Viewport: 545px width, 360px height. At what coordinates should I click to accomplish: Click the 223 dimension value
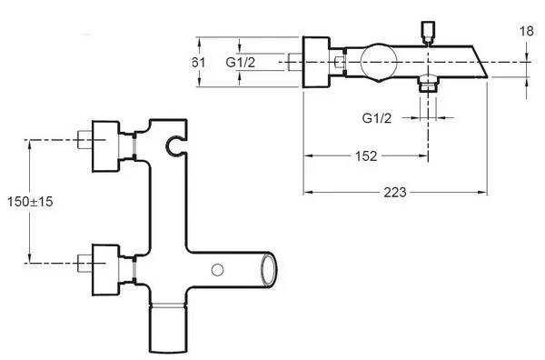click(x=395, y=192)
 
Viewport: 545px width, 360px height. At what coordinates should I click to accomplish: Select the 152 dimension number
click(x=366, y=155)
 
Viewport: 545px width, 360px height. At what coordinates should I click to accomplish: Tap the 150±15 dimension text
click(x=30, y=202)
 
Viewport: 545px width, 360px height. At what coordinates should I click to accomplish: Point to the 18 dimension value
click(x=527, y=31)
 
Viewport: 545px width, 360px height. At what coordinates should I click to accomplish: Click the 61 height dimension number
click(x=199, y=62)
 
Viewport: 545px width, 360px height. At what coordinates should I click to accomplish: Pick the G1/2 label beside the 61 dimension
click(x=240, y=62)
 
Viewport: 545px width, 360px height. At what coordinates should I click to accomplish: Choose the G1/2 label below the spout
click(x=377, y=118)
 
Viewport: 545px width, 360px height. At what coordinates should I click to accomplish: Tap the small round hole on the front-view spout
click(x=217, y=270)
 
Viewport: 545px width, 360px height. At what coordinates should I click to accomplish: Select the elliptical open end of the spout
click(x=270, y=270)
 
